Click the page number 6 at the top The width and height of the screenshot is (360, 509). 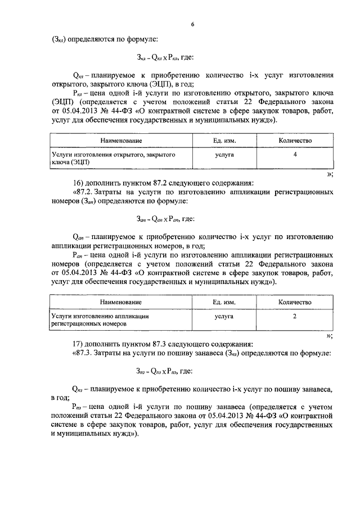click(192, 24)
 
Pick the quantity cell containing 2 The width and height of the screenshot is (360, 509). click(295, 317)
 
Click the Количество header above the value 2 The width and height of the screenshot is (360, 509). click(295, 303)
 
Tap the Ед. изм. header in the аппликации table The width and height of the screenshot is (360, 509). click(224, 303)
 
